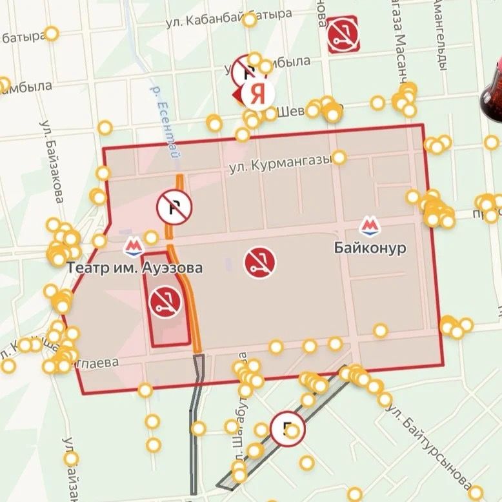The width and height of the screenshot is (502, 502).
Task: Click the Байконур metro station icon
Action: pyautogui.click(x=369, y=226)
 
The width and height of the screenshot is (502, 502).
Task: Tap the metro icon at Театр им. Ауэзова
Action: pyautogui.click(x=134, y=246)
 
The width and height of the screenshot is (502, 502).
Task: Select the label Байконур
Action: pyautogui.click(x=370, y=247)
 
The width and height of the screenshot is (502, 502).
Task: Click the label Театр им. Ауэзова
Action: pyautogui.click(x=134, y=266)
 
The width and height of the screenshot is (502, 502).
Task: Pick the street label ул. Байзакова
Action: pyautogui.click(x=51, y=161)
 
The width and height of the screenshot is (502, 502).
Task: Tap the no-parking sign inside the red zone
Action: pyautogui.click(x=174, y=206)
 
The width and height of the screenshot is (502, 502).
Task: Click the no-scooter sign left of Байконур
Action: pyautogui.click(x=260, y=262)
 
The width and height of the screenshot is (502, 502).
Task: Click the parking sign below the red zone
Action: pyautogui.click(x=288, y=428)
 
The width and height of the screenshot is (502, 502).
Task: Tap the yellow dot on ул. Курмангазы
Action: pyautogui.click(x=339, y=157)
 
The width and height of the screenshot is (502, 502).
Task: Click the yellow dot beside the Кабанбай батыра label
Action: pyautogui.click(x=250, y=19)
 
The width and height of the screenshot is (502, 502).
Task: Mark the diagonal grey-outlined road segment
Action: pyautogui.click(x=284, y=429)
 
